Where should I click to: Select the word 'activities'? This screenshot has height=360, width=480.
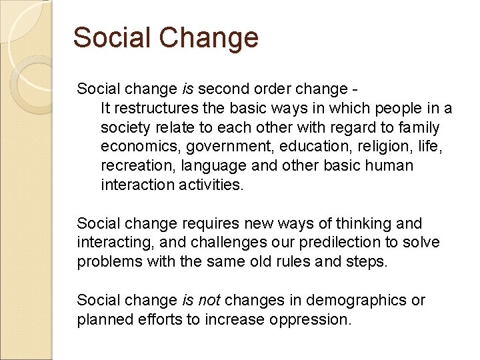211,185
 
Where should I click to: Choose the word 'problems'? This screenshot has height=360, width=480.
107,261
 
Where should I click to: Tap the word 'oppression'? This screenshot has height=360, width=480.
310,319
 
